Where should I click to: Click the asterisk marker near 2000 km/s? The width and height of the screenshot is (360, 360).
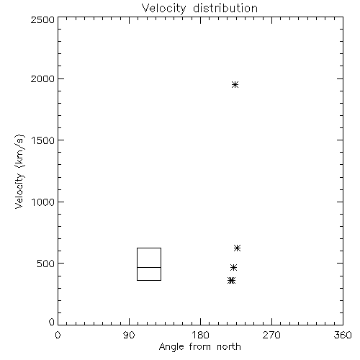(x=235, y=84)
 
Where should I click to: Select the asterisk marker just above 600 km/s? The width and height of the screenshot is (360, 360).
(x=237, y=248)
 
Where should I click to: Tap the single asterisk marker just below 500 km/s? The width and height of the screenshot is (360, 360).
(x=233, y=267)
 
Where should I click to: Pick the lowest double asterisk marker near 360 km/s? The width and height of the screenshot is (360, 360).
(x=232, y=280)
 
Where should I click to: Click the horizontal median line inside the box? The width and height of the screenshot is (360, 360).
(x=149, y=267)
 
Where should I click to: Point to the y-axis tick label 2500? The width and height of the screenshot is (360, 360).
(x=42, y=19)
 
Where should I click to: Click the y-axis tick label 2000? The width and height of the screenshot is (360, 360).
(x=42, y=78)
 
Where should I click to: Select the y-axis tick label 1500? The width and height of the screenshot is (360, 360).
(x=43, y=140)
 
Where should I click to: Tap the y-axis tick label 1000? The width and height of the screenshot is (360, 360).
(x=43, y=202)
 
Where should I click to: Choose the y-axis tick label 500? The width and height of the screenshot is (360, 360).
(x=46, y=264)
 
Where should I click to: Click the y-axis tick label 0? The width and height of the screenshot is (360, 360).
(x=52, y=322)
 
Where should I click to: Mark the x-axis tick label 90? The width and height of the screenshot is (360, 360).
(x=129, y=335)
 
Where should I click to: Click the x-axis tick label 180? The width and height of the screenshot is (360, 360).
(x=200, y=335)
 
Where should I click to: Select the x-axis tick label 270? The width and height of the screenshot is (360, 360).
(x=271, y=335)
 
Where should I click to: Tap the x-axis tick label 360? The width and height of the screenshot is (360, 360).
(x=343, y=335)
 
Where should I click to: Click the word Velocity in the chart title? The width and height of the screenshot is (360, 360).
(x=164, y=9)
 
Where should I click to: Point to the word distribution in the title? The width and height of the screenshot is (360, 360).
(x=225, y=8)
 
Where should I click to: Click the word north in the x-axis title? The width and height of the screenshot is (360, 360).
(x=229, y=346)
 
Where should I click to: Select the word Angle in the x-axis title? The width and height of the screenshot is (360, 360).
(x=171, y=347)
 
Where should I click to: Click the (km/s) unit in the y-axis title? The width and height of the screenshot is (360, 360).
(x=19, y=151)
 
